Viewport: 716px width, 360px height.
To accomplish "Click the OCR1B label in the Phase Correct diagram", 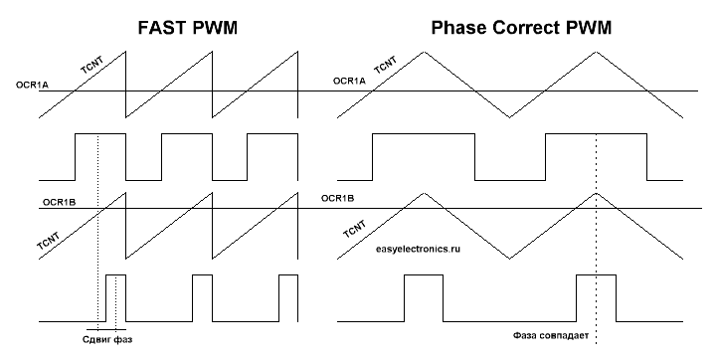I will (x=339, y=197).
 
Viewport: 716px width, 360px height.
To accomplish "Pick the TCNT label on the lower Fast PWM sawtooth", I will (x=48, y=243).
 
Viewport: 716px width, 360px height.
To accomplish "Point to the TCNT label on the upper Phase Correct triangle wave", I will (x=386, y=70).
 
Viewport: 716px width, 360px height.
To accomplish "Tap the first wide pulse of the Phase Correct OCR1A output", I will (x=424, y=156).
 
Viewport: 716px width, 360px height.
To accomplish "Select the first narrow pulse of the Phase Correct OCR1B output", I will (x=424, y=299).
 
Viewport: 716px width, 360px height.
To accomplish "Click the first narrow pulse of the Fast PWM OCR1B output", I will (x=115, y=298).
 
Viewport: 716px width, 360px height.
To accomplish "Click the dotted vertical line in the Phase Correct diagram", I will (x=596, y=249).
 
